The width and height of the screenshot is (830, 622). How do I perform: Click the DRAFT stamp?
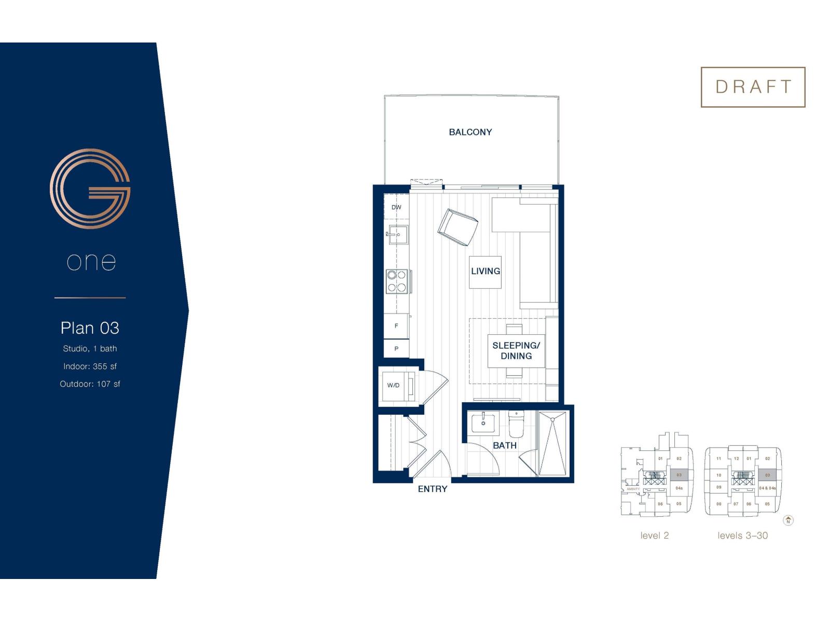(753, 87)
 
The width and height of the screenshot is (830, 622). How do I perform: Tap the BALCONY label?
(470, 132)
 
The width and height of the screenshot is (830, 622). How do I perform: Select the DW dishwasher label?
(396, 207)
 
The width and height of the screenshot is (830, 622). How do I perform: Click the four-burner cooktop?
(397, 281)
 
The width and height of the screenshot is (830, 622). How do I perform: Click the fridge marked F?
(396, 326)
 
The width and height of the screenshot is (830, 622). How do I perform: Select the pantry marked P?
(396, 349)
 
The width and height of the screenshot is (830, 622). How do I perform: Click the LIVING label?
(486, 271)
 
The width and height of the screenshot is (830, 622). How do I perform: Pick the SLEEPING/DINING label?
(516, 351)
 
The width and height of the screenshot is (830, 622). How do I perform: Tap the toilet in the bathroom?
(517, 424)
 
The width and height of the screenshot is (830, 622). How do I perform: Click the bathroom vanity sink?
(483, 423)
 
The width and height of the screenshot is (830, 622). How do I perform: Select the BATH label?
(504, 445)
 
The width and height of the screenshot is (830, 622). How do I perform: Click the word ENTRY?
(432, 489)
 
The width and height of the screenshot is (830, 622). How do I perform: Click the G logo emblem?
(90, 189)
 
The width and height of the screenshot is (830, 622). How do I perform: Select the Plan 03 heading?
(90, 328)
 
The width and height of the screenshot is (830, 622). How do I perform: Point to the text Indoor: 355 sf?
(90, 366)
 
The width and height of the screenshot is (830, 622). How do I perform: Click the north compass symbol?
(788, 520)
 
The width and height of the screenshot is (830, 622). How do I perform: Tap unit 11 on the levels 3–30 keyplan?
(718, 459)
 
